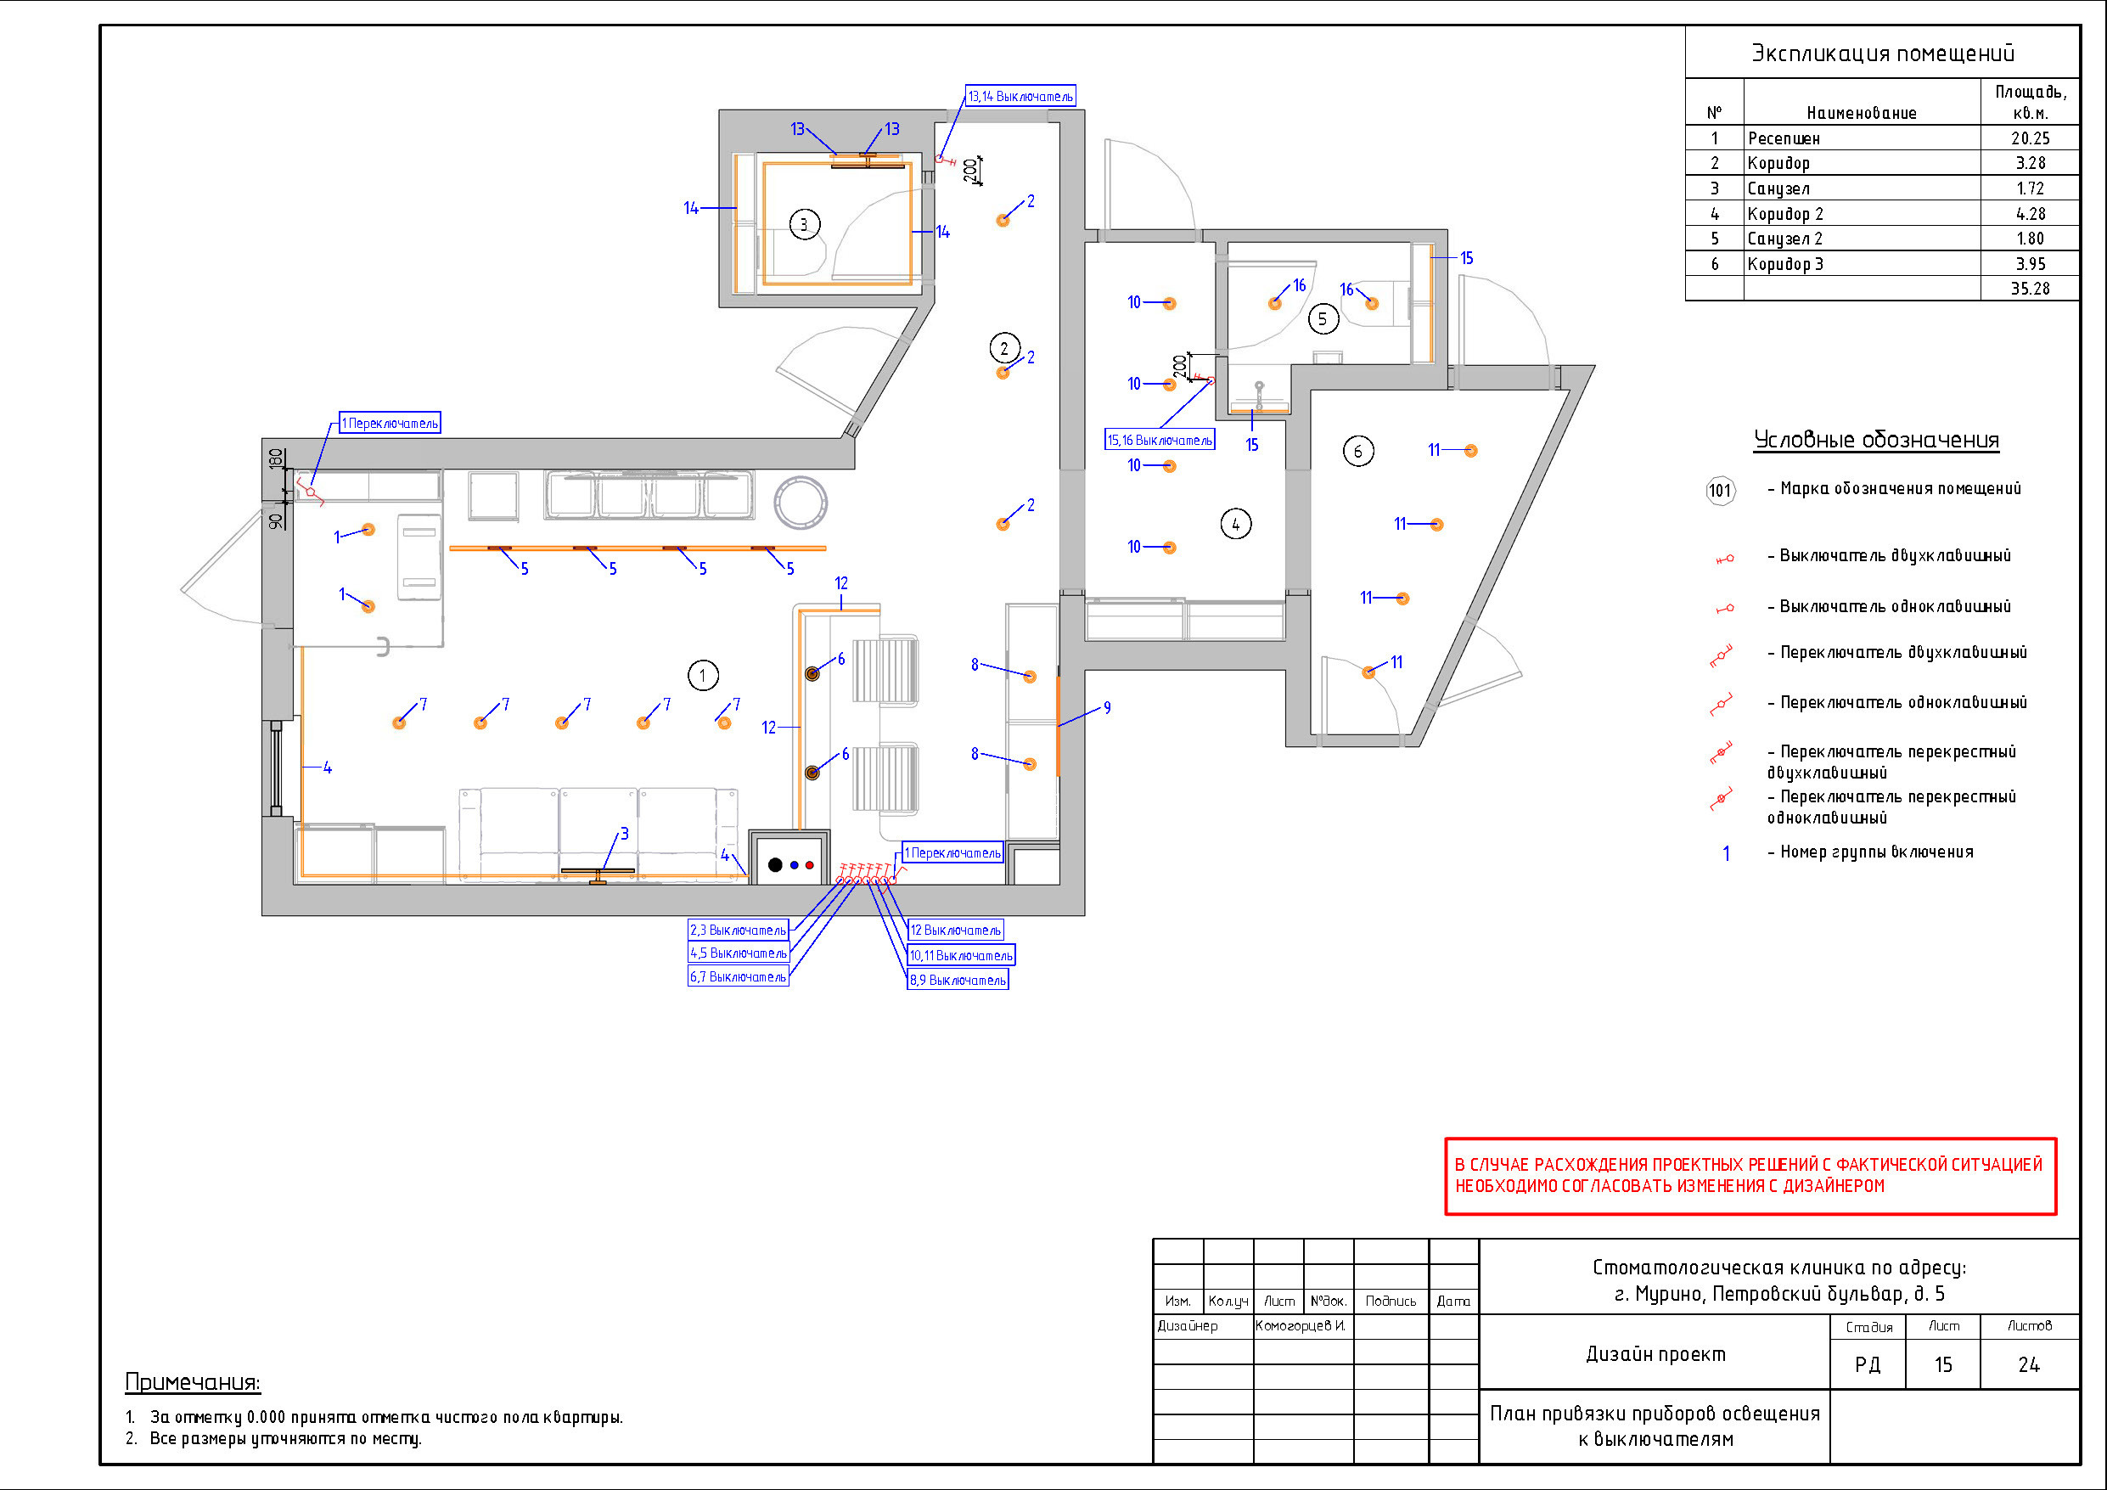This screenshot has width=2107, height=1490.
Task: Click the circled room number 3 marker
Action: (804, 224)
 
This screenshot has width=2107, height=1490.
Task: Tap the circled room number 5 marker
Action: (1322, 319)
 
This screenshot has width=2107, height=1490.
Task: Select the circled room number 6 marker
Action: (1358, 451)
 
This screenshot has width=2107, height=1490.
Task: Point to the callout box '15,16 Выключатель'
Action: (1160, 440)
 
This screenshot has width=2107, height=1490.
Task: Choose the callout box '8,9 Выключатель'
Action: (958, 981)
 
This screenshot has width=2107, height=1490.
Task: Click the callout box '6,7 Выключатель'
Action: (739, 977)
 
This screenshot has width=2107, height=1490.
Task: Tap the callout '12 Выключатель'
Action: (955, 930)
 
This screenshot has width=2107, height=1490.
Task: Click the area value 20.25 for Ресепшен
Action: (2030, 138)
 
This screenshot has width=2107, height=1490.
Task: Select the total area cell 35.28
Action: (2030, 289)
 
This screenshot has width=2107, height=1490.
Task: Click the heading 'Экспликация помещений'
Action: (1883, 53)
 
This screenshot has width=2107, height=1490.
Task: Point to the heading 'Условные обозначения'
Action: (1876, 440)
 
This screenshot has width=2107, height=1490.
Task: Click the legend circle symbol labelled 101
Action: (1720, 490)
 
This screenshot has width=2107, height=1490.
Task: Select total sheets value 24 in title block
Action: (2029, 1365)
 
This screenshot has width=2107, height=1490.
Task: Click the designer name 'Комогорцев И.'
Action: (1301, 1325)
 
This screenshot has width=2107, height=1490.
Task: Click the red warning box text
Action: (1750, 1176)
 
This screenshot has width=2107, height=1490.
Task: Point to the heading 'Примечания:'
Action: (193, 1382)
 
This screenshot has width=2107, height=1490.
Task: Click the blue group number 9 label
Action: (1107, 708)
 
